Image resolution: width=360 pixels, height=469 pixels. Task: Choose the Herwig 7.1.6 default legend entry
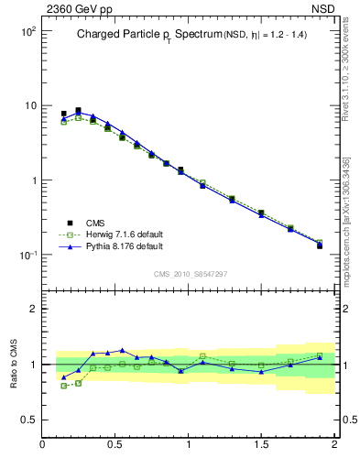pos(124,234)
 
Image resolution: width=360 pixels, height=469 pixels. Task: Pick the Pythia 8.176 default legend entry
pos(124,246)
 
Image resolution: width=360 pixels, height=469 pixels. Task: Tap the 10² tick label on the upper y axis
pos(27,31)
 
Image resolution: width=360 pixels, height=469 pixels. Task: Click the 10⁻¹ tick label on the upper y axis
pos(27,255)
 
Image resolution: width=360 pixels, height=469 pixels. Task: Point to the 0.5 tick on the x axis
pos(115,444)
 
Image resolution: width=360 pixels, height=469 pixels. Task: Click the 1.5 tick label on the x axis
pos(261,444)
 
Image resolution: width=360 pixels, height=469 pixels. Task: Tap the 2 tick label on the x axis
pos(333,444)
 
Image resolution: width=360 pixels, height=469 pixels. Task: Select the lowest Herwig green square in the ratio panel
pos(63,386)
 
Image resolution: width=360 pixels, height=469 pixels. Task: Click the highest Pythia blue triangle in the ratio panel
pos(122,350)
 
